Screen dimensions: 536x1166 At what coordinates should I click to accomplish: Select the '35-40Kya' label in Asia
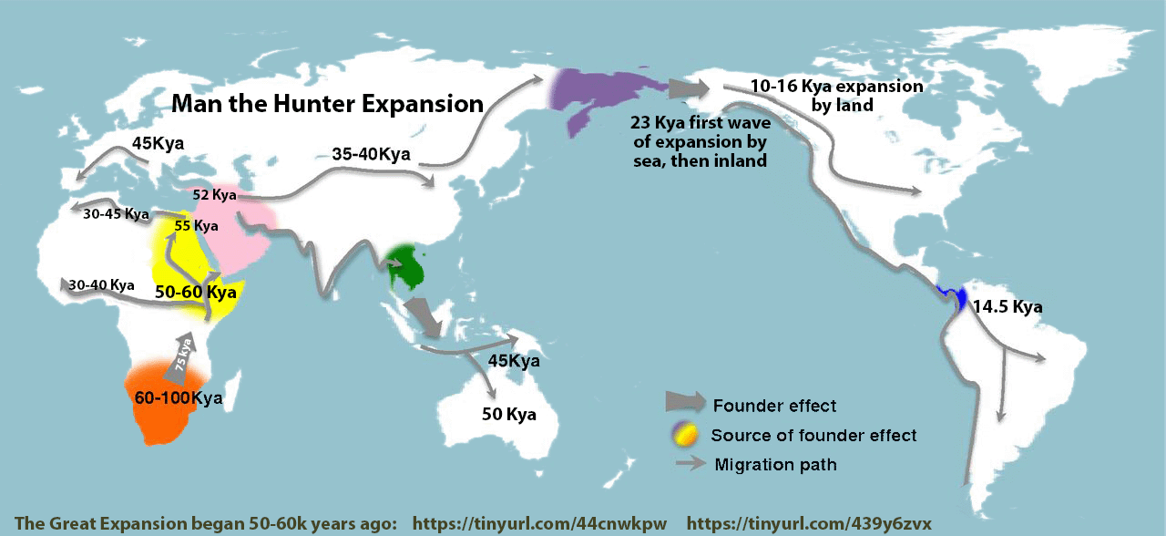point(371,154)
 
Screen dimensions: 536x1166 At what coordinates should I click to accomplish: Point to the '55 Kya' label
point(196,225)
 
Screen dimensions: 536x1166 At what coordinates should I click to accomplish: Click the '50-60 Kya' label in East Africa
point(195,293)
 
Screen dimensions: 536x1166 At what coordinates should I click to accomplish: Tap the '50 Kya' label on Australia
point(508,415)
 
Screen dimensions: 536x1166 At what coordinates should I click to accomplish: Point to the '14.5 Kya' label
point(1006,306)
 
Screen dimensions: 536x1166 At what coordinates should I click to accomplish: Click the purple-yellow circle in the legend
point(685,435)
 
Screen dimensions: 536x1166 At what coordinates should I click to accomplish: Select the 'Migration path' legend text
point(775,465)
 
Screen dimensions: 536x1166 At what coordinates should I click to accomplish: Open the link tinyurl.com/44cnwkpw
point(539,523)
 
